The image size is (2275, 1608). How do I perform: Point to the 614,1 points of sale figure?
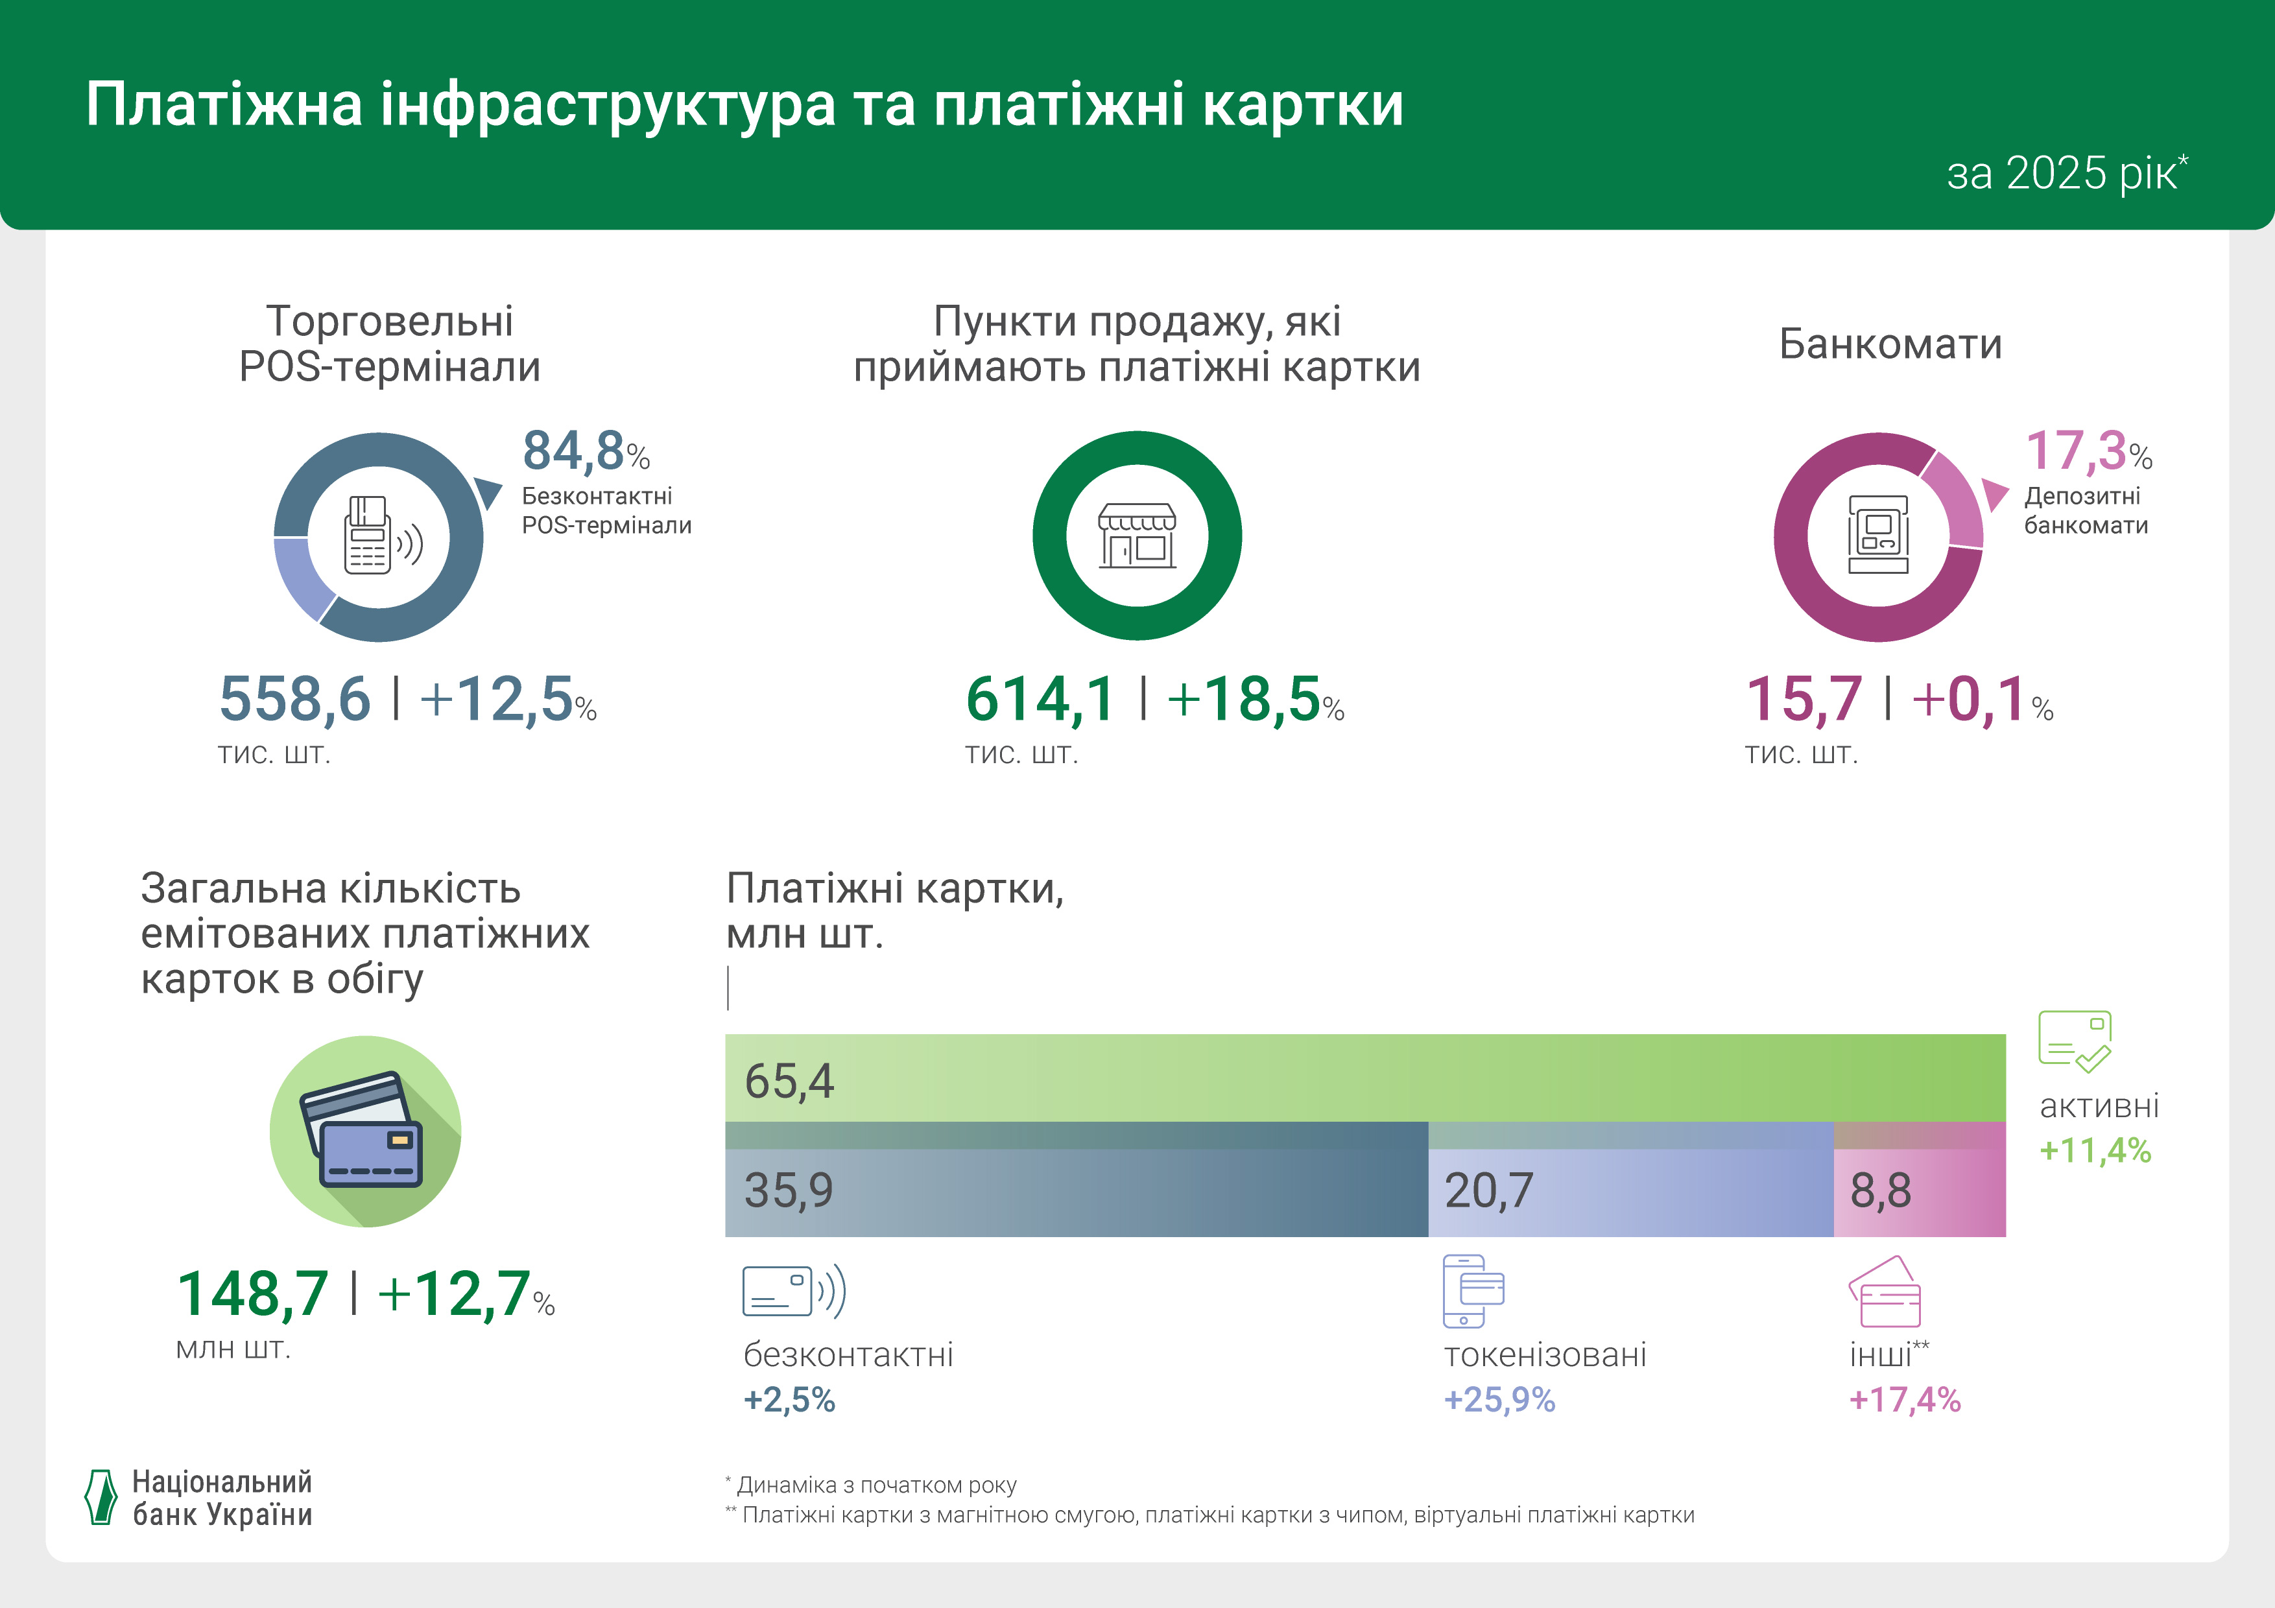(x=1040, y=700)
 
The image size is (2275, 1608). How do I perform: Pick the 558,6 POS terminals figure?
(x=294, y=700)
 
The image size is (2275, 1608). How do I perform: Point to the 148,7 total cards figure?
(x=253, y=1294)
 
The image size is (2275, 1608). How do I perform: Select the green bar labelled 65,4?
(x=1364, y=1078)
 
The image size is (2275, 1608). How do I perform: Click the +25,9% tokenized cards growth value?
(x=1499, y=1400)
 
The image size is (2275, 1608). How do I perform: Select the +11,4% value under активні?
(x=2095, y=1150)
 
